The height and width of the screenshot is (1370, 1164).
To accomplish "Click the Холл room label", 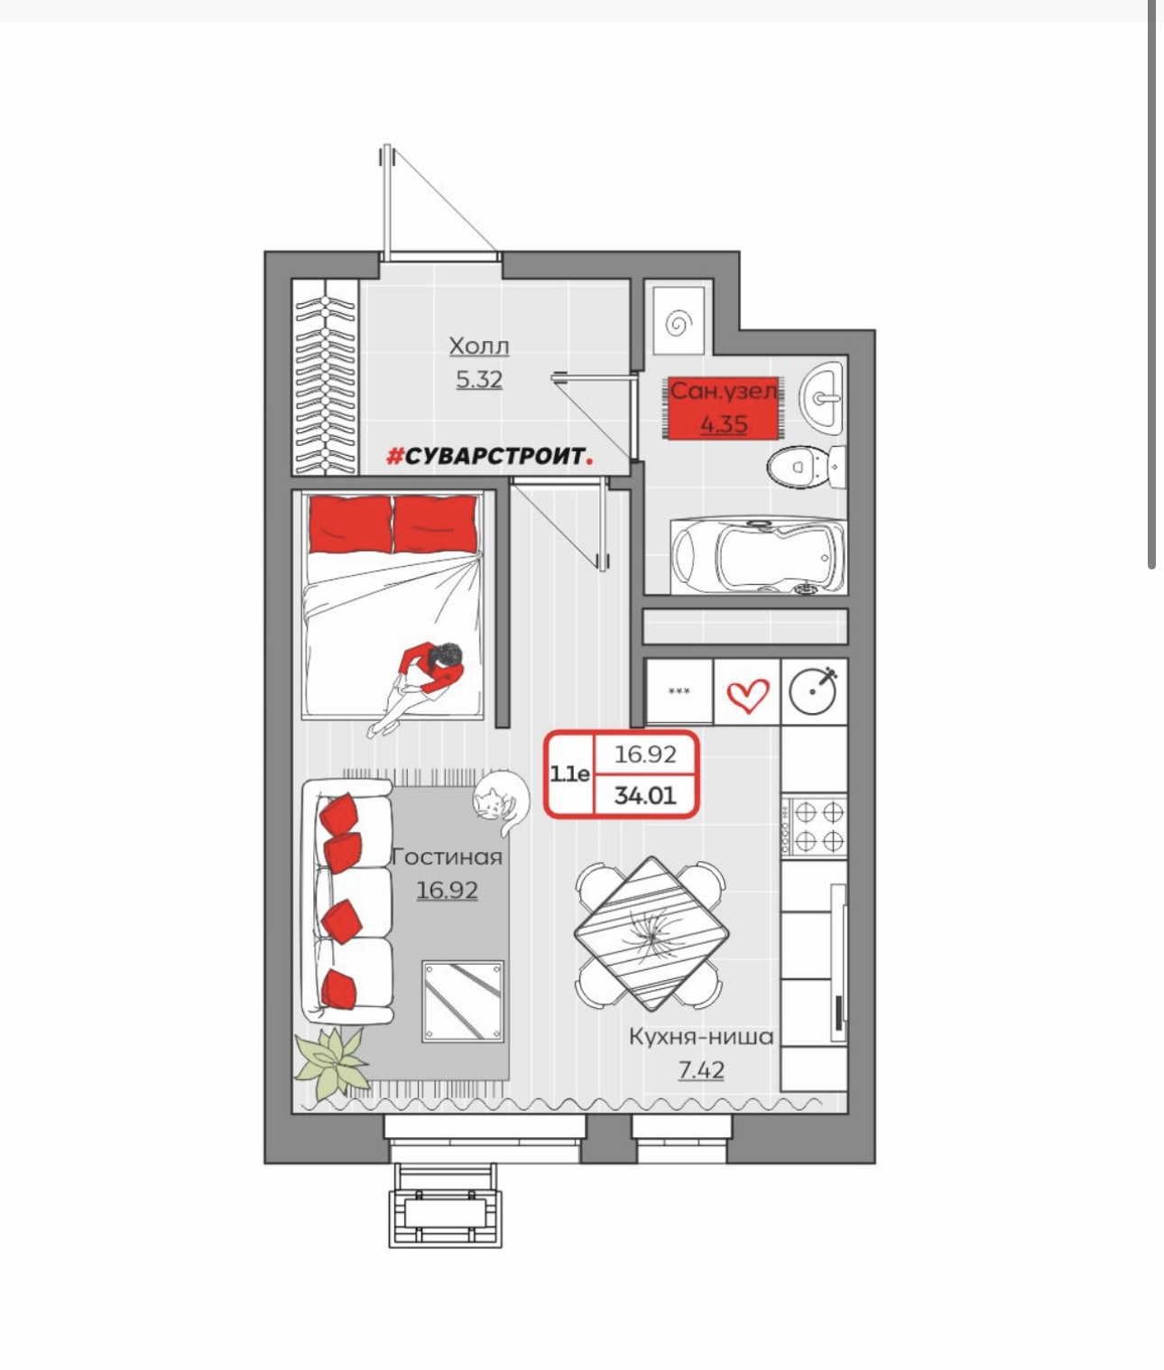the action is tap(478, 346).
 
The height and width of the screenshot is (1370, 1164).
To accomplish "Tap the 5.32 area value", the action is tap(478, 380).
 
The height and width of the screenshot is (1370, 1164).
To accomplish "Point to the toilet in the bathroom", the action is tap(806, 467).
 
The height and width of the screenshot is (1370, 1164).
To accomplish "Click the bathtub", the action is tap(758, 555).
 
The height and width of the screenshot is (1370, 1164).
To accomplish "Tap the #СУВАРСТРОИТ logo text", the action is tap(489, 456).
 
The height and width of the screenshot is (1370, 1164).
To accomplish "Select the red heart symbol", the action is tap(748, 695).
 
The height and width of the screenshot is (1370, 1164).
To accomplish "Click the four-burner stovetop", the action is tap(814, 827).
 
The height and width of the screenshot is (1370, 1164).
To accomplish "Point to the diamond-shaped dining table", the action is tap(651, 932).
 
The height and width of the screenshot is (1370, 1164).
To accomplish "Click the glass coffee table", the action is tap(464, 1002).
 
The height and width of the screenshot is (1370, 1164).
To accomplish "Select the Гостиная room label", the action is tap(447, 857).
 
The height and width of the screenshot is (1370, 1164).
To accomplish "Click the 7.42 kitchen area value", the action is tap(700, 1069).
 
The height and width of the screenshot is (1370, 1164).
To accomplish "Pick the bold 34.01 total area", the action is tap(645, 795).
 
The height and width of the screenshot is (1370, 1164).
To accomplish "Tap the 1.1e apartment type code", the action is tap(569, 773).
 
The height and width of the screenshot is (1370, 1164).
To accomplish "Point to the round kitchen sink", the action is tap(813, 691).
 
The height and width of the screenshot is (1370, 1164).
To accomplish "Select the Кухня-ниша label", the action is tap(700, 1036).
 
